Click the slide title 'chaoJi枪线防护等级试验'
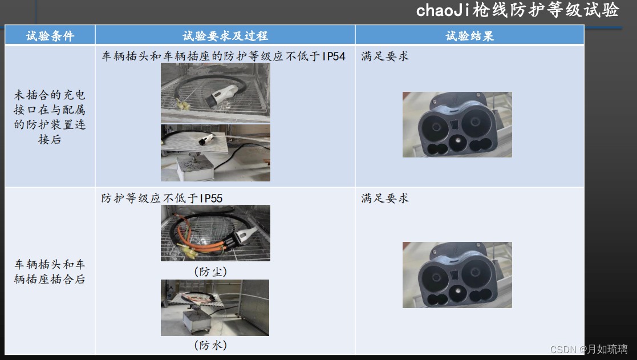[x=518, y=10]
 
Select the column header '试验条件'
[x=50, y=36]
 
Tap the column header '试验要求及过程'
[x=225, y=36]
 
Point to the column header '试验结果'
[x=470, y=36]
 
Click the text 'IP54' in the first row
[x=334, y=56]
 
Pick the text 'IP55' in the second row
[x=211, y=199]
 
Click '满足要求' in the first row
[x=385, y=56]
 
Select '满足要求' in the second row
[x=385, y=199]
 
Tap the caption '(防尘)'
[x=210, y=272]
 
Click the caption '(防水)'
[x=210, y=345]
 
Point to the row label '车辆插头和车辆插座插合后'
[x=50, y=272]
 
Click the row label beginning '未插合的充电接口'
[x=50, y=117]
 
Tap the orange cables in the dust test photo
[x=201, y=240]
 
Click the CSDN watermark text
[x=589, y=349]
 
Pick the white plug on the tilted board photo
[x=206, y=140]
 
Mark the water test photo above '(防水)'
[x=215, y=308]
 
